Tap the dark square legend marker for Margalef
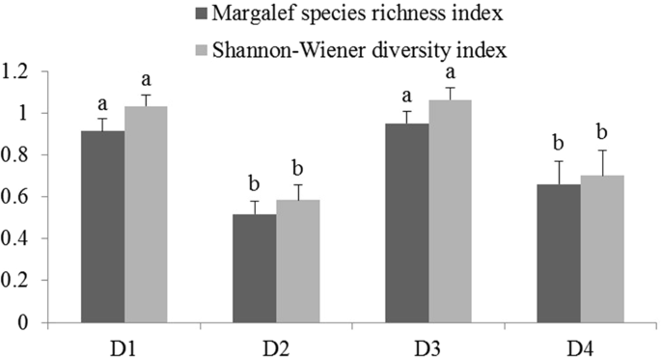click(201, 14)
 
